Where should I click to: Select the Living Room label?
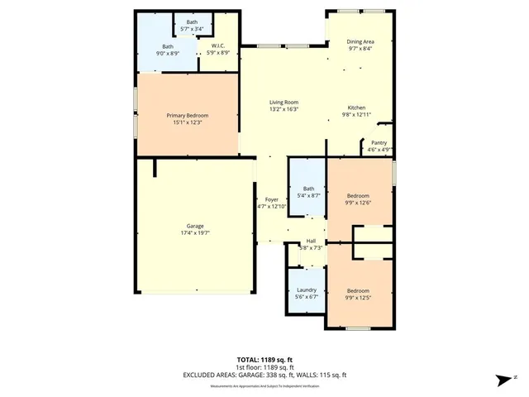(283, 102)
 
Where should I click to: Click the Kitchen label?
(356, 108)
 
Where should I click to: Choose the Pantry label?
(379, 143)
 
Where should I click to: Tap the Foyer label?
(271, 199)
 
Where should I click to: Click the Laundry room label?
(307, 289)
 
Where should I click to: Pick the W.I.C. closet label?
(219, 46)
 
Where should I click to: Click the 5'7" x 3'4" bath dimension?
(192, 29)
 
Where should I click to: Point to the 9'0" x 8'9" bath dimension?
(168, 54)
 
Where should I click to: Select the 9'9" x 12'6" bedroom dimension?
(358, 203)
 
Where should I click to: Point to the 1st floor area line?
(264, 367)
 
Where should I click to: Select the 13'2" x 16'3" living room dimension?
(283, 109)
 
